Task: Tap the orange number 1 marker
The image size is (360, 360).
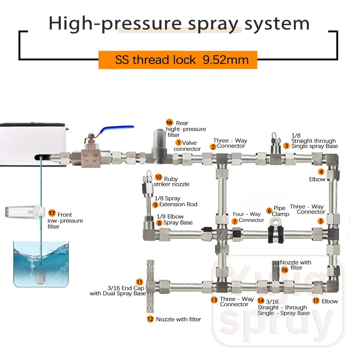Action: (178, 143)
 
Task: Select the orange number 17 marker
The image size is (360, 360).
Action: (52, 213)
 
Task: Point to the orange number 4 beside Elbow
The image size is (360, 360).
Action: (321, 172)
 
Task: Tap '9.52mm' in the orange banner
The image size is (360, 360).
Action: (225, 60)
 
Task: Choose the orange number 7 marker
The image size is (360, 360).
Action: (235, 221)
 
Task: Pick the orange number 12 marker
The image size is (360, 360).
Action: (150, 319)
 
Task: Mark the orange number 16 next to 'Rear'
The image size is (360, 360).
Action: (169, 123)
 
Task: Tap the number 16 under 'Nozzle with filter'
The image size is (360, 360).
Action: (285, 270)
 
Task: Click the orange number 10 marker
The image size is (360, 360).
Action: (158, 177)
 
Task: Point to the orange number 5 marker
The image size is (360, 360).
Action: (321, 221)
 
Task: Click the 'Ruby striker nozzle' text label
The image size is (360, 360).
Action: (171, 182)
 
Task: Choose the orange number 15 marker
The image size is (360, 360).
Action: (316, 301)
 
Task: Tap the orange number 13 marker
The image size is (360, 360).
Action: (214, 300)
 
